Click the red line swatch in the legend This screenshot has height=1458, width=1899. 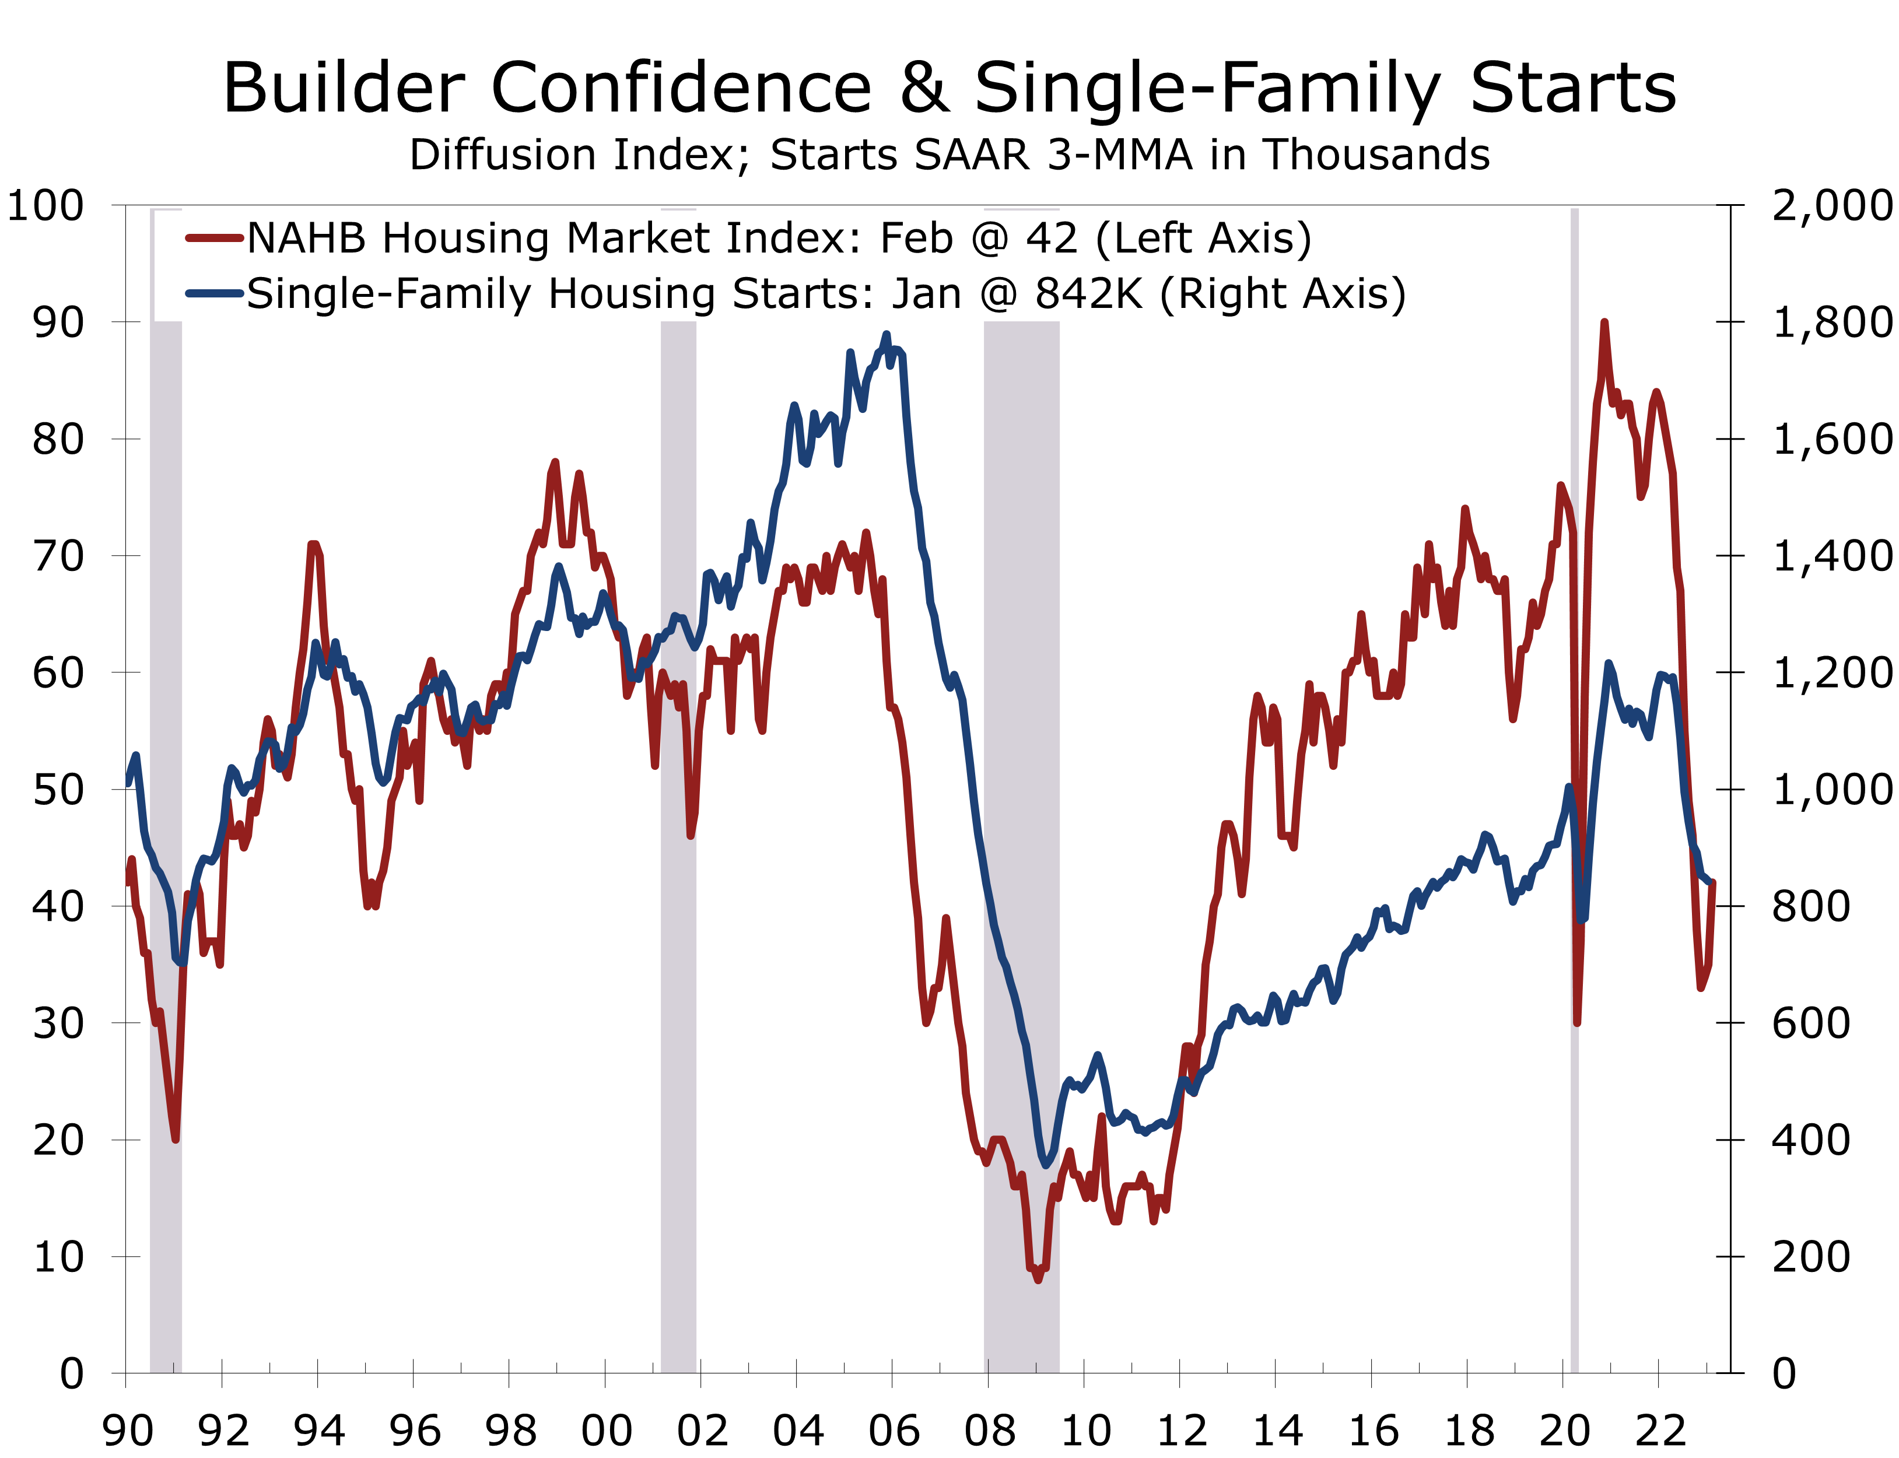213,238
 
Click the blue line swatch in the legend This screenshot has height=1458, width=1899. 213,293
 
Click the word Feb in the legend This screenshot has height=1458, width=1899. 916,238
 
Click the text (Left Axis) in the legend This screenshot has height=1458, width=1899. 1204,238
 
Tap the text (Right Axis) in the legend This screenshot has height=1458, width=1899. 1283,293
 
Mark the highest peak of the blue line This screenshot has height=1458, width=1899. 886,335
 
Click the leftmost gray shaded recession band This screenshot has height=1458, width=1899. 166,781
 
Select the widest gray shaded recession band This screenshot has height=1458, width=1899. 1022,781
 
